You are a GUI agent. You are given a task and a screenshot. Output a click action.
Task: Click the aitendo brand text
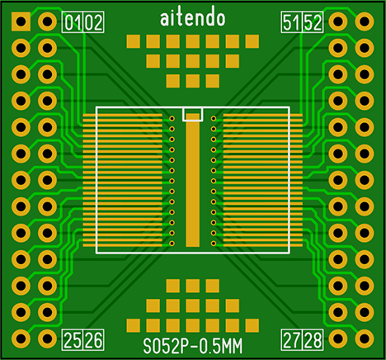(193, 18)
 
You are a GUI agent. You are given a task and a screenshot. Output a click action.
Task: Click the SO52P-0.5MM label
(193, 346)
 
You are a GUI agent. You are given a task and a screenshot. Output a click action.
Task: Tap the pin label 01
(73, 22)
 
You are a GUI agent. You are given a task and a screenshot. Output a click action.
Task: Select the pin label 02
(93, 22)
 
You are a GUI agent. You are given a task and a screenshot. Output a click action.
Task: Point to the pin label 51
(291, 22)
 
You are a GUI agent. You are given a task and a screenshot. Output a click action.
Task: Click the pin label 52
(313, 22)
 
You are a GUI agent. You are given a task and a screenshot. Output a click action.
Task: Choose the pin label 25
(73, 339)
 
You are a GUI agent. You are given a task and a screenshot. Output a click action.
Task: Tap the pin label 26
(93, 339)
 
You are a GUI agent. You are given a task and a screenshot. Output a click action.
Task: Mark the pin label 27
(291, 339)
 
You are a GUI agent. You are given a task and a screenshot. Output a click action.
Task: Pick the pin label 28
(313, 339)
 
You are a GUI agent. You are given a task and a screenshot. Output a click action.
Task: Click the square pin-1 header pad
(21, 21)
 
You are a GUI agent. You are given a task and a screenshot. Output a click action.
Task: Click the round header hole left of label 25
(47, 339)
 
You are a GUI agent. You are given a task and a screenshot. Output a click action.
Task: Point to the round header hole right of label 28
(338, 339)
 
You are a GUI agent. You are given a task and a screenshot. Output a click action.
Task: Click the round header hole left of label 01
(47, 21)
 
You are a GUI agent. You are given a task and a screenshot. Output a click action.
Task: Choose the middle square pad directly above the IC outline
(193, 81)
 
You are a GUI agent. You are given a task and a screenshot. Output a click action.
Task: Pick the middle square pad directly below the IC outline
(193, 286)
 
